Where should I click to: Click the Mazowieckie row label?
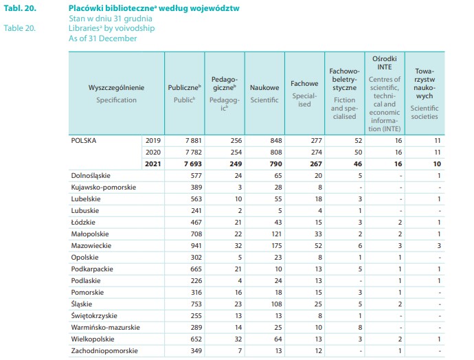point(91,245)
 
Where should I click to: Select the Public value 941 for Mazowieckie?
point(194,245)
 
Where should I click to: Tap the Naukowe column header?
point(264,88)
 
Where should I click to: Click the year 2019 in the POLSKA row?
point(153,140)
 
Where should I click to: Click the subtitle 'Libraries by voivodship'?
point(112,28)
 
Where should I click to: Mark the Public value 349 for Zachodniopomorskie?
point(194,350)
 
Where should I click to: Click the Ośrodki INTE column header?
point(384,59)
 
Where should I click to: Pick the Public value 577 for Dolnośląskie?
point(194,175)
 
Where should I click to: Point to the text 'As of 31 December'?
point(102,38)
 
